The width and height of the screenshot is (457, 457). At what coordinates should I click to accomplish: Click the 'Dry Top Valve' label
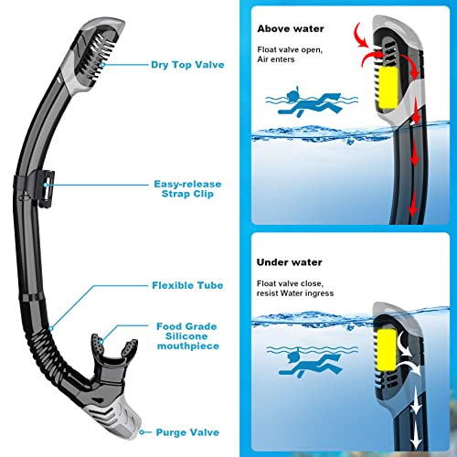[187, 65]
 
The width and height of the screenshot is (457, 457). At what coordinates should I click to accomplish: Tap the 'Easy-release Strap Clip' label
[187, 189]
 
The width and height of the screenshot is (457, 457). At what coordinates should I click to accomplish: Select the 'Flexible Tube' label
[187, 285]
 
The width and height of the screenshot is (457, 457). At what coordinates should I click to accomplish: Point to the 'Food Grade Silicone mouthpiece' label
[187, 336]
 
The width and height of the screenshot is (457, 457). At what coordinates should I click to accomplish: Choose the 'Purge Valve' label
[187, 432]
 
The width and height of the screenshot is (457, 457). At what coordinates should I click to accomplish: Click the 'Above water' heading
[291, 28]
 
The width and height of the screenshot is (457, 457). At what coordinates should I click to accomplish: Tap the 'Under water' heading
[289, 262]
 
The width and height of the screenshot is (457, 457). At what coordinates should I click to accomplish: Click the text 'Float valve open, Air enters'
[290, 54]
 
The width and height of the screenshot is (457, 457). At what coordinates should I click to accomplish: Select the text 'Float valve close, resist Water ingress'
[295, 288]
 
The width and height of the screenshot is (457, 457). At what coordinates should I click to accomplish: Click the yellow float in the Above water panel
[388, 88]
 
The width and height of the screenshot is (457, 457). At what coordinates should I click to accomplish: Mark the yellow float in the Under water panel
[387, 350]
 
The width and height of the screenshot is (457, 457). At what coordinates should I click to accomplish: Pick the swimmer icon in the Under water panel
[310, 363]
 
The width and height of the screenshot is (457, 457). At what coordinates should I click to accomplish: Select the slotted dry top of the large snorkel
[94, 55]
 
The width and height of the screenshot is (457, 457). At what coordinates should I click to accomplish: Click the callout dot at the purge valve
[142, 432]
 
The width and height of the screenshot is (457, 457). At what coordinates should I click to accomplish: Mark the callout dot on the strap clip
[46, 185]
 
